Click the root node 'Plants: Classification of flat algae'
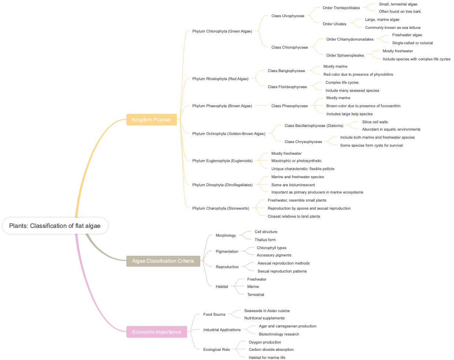coord(55,226)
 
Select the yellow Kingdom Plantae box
coord(151,120)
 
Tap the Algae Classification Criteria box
coord(163,261)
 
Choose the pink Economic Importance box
coord(156,332)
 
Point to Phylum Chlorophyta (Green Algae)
coord(222,31)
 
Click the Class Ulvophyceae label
coord(287,16)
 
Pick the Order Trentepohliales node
coord(341,8)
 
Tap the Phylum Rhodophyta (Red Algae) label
coord(220,79)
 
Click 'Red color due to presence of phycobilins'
coord(358,74)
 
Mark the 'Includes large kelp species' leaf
coord(349,114)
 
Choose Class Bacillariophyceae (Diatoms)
coord(314,125)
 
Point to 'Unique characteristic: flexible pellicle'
coord(302,169)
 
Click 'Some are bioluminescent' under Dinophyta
coord(293,185)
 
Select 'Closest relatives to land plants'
coord(294,216)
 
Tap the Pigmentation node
coord(227,251)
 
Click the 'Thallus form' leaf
coord(265,240)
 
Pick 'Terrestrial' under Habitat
coord(255,295)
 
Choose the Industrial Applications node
coord(222,330)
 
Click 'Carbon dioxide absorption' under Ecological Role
coord(271,349)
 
